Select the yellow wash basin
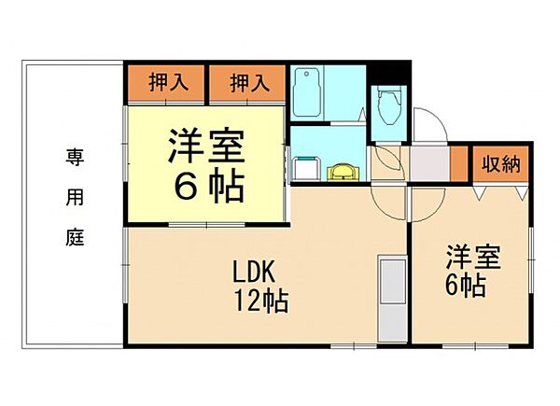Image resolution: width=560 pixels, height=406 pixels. click(343, 171)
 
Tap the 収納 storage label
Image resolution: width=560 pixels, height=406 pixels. click(500, 164)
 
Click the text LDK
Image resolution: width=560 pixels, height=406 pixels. click(253, 274)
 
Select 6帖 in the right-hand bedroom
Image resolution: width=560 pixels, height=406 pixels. click(464, 286)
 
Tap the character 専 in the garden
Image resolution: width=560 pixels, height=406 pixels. click(74, 156)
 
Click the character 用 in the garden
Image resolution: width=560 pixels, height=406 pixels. click(75, 197)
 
